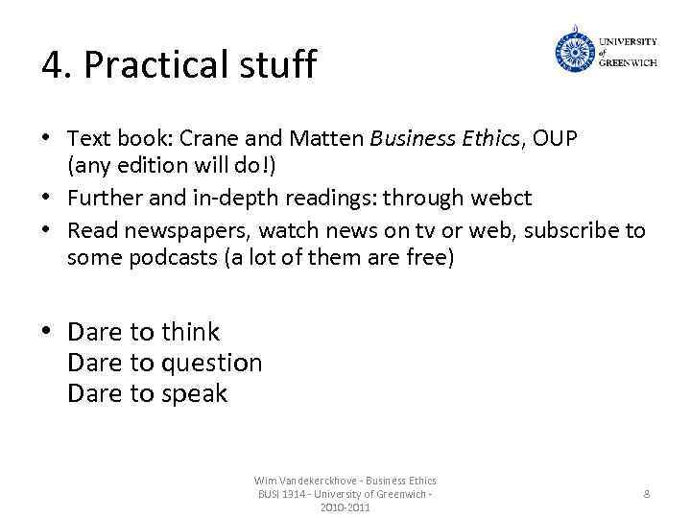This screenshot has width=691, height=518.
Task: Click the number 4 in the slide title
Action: tap(53, 65)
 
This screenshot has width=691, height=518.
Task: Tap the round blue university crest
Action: tap(574, 52)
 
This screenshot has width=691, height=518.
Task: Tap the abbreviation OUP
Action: tap(557, 139)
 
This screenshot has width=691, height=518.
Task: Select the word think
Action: tap(190, 332)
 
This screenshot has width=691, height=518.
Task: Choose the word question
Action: tap(211, 363)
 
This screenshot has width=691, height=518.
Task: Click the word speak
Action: tap(194, 393)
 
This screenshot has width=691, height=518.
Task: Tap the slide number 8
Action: tap(646, 493)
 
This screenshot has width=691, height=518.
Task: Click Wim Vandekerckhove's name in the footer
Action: tap(305, 481)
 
